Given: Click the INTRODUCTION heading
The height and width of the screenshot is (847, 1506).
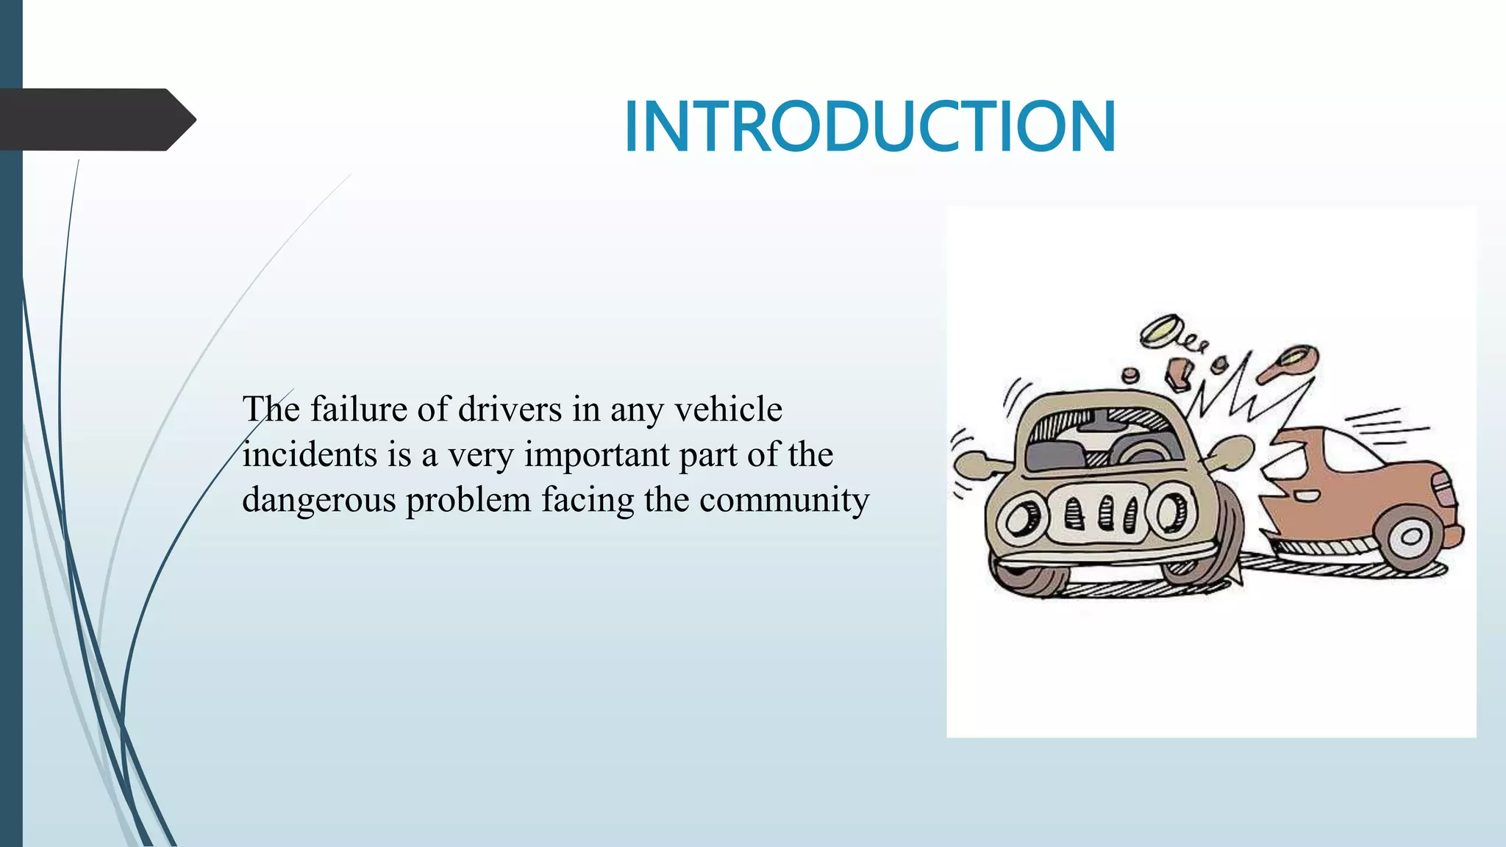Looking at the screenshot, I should coord(870,126).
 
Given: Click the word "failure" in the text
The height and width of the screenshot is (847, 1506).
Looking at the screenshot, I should coord(357,409).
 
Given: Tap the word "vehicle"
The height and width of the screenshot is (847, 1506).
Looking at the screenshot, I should coord(728,409).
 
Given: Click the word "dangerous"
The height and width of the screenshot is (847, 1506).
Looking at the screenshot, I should coord(318,501).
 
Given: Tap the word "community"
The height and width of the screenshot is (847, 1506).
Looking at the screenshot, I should coord(784,501).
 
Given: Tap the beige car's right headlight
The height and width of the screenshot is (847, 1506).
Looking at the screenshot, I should coord(1172,512).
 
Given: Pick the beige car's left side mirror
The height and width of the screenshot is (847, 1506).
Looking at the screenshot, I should coord(971,463).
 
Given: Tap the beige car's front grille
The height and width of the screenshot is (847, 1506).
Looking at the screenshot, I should coord(1100,510).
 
